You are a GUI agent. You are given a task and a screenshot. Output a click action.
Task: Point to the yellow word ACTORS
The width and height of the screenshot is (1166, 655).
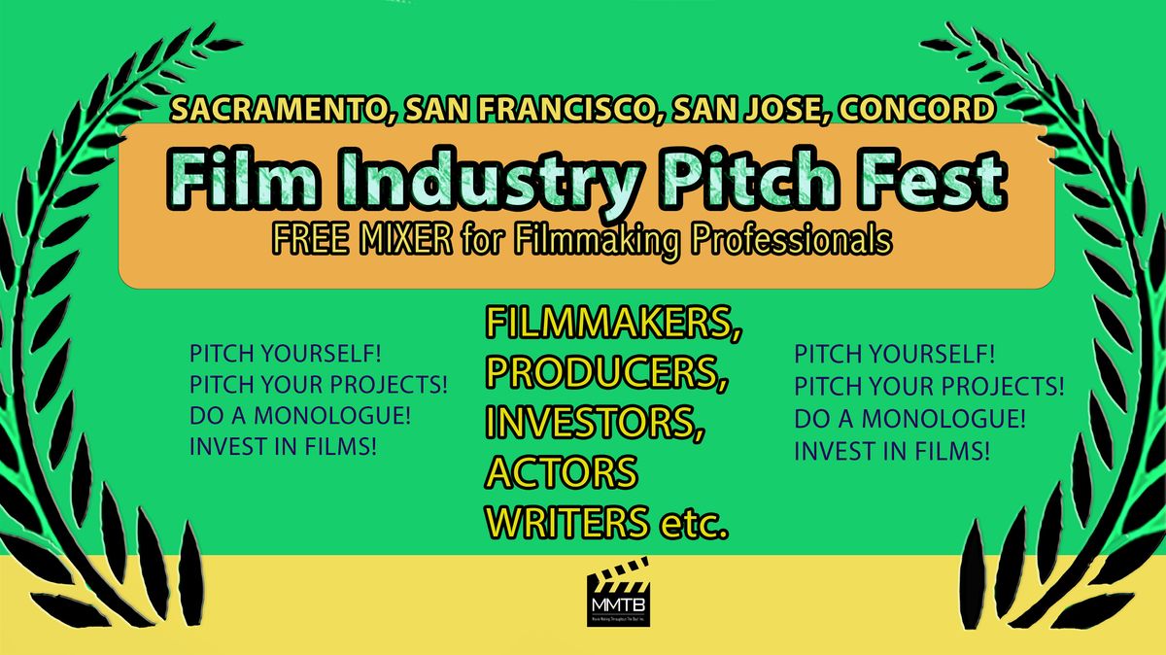tap(561, 473)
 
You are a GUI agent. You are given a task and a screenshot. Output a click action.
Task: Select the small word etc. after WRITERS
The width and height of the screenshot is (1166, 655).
tap(693, 525)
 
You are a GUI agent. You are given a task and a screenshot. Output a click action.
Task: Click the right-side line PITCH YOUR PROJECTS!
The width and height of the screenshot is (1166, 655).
tap(929, 388)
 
